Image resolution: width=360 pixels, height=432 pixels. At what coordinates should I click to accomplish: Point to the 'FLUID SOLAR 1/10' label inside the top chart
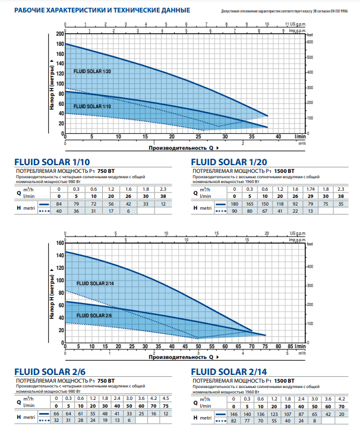[92, 106]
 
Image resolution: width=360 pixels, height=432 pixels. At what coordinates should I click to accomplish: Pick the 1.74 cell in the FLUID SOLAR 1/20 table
[310, 189]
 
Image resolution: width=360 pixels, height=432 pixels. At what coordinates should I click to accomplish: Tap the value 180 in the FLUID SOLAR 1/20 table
[235, 204]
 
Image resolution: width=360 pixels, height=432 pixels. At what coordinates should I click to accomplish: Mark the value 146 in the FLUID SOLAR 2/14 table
[234, 414]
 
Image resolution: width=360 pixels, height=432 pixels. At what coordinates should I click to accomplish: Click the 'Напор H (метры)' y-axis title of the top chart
[52, 89]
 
